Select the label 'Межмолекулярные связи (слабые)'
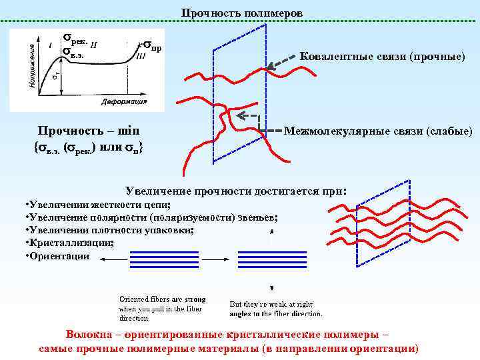(x=378, y=131)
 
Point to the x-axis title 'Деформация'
(x=124, y=103)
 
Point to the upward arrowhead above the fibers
(x=271, y=231)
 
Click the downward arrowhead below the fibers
(x=271, y=288)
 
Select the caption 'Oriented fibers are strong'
(x=163, y=299)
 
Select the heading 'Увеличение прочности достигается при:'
(x=237, y=191)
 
